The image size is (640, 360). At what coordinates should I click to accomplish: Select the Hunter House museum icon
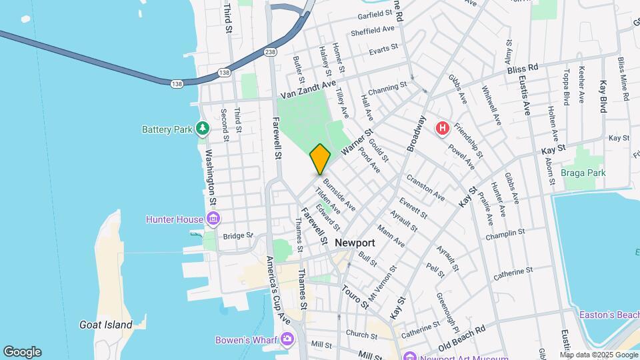[x=213, y=219]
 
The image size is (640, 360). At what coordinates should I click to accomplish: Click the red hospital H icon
[x=441, y=128]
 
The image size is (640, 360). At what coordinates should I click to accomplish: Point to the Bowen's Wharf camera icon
[x=287, y=339]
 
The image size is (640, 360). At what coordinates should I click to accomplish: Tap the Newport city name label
[x=355, y=243]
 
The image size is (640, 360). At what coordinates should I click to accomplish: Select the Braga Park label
[x=582, y=173]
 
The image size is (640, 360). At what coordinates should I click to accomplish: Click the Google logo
[x=22, y=352]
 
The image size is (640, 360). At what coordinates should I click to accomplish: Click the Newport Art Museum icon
[x=409, y=355]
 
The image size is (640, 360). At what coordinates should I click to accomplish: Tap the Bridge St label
[x=238, y=235]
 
